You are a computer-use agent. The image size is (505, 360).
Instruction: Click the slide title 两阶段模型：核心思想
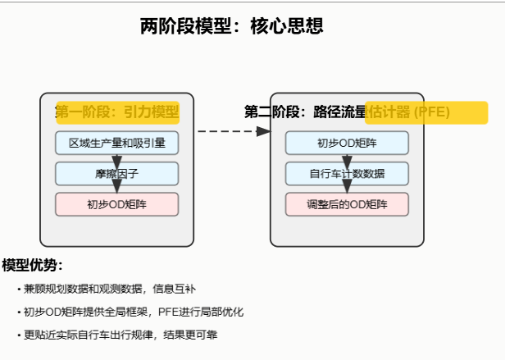point(232,26)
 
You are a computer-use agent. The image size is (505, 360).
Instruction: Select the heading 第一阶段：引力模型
point(117,112)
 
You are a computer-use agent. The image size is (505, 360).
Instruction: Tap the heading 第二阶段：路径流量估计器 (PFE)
point(347,112)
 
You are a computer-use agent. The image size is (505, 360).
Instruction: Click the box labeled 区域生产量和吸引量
point(117,143)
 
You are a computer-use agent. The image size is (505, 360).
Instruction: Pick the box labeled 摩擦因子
point(117,174)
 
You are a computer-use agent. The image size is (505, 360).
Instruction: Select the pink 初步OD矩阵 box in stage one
point(117,204)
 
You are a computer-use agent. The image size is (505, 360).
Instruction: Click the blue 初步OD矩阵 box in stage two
point(347,143)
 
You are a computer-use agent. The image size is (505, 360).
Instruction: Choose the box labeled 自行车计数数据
point(347,174)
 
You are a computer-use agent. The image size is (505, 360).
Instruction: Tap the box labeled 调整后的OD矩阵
point(347,204)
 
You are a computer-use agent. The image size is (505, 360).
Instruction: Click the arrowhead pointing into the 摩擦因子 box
point(117,159)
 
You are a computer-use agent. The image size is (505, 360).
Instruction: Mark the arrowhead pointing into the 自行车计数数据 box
point(347,159)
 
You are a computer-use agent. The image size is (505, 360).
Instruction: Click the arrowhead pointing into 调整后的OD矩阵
point(347,189)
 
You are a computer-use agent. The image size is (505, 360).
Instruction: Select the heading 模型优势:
point(33,265)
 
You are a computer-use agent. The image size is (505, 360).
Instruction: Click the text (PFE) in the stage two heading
point(432,112)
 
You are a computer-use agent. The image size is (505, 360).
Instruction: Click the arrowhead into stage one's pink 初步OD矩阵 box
point(117,189)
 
